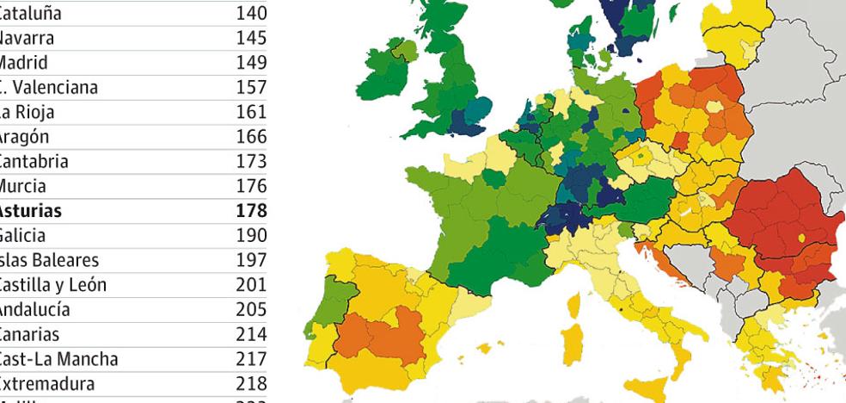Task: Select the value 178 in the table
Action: (252, 210)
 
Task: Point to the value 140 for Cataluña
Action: (252, 14)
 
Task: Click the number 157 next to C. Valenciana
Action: (252, 88)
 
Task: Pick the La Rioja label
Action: (28, 112)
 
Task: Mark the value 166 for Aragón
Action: (252, 137)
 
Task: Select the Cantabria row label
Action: (34, 161)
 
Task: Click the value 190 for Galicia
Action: (252, 235)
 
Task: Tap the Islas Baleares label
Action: (48, 259)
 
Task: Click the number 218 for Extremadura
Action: (252, 382)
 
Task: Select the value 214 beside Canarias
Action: (252, 333)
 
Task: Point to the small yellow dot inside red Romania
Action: (801, 236)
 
